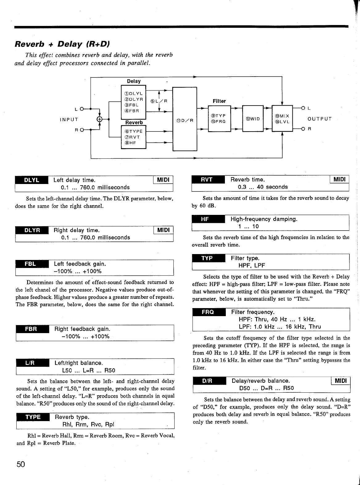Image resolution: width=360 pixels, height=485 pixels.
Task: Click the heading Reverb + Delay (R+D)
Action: [63, 44]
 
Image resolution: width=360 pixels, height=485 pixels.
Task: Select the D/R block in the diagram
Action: [184, 120]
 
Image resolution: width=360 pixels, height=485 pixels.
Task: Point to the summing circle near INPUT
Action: [100, 119]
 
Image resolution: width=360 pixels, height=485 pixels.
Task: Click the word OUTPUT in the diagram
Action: [320, 119]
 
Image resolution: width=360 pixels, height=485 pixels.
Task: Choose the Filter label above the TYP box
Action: [219, 101]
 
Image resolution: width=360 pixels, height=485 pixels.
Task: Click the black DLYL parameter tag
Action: [31, 180]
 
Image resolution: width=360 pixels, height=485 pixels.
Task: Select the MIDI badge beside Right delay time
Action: [163, 230]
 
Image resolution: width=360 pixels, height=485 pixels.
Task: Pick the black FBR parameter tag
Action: [31, 329]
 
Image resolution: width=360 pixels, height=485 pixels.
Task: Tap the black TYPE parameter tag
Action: [33, 417]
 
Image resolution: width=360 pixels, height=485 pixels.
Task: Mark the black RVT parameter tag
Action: [207, 180]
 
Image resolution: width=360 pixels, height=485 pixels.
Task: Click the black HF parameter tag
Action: [205, 219]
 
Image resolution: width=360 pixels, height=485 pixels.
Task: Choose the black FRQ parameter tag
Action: [208, 312]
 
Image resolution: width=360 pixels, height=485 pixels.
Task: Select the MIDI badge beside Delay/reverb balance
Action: [341, 381]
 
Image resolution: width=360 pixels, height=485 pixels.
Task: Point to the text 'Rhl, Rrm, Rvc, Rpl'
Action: [88, 424]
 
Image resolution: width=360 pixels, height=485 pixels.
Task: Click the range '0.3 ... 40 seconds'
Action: [263, 187]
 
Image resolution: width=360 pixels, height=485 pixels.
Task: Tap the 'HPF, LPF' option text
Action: [252, 265]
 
